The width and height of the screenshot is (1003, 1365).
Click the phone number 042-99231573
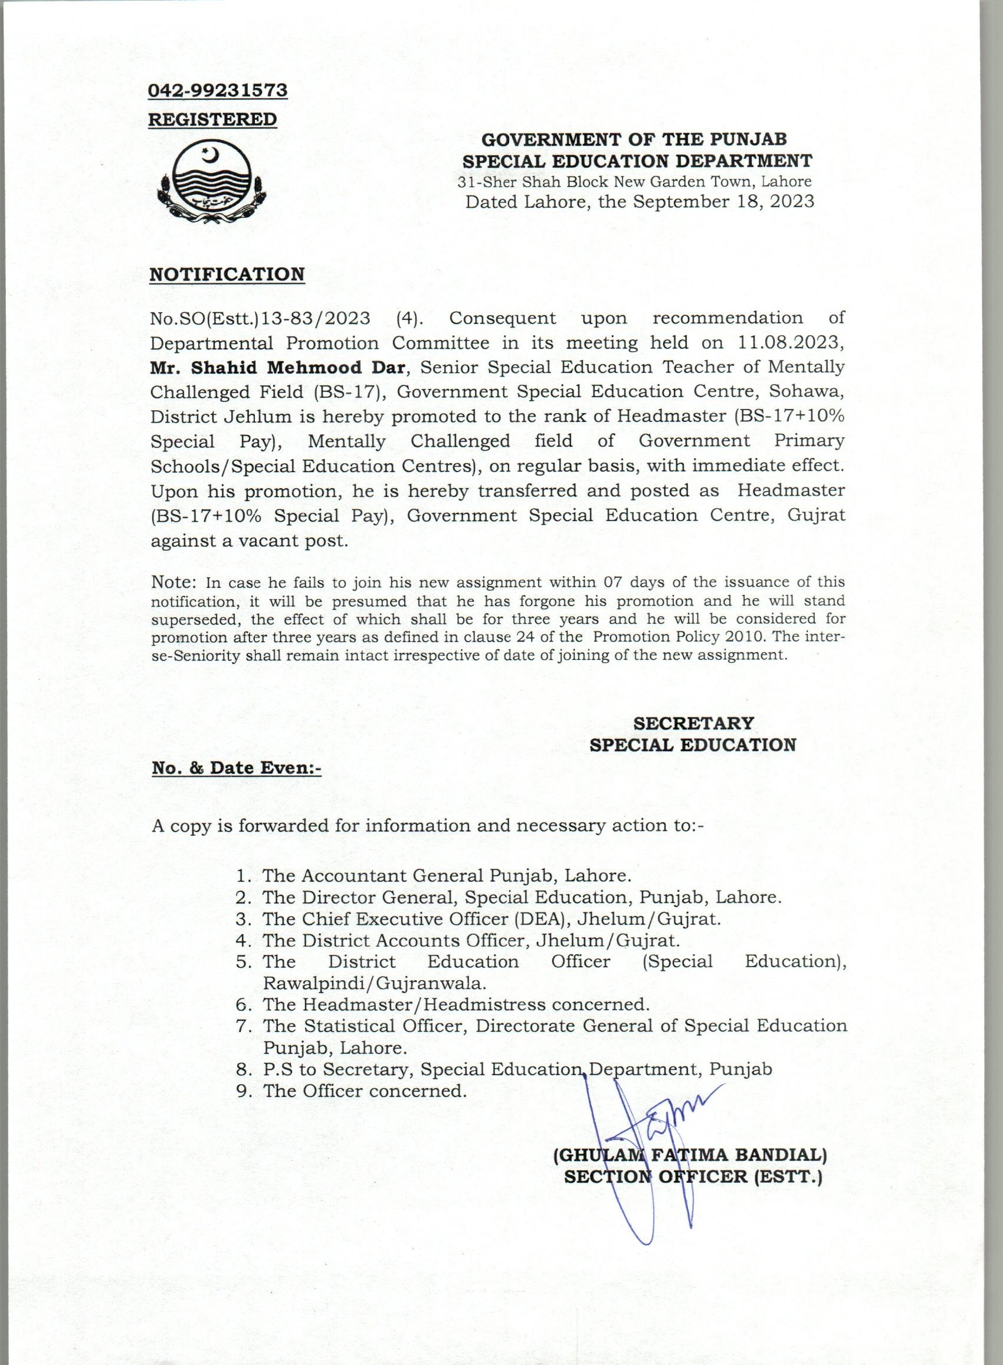point(218,90)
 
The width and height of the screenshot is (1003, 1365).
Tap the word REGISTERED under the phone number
point(212,119)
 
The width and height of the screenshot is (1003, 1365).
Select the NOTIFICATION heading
point(227,274)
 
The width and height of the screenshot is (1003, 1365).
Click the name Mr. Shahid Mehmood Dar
point(277,367)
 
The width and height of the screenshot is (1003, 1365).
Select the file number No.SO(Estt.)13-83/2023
point(260,317)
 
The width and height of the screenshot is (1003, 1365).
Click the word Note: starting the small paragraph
point(173,582)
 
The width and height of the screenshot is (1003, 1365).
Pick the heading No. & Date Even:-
point(236,768)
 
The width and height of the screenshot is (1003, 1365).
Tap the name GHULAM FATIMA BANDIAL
point(690,1154)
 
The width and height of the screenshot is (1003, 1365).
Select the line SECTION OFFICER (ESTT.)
point(692,1177)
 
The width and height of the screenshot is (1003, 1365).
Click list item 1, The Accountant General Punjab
point(447,876)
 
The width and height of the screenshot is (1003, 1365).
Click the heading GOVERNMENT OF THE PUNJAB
point(634,139)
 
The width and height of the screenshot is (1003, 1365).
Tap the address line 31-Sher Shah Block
point(634,182)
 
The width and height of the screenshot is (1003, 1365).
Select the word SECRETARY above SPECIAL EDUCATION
point(693,723)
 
